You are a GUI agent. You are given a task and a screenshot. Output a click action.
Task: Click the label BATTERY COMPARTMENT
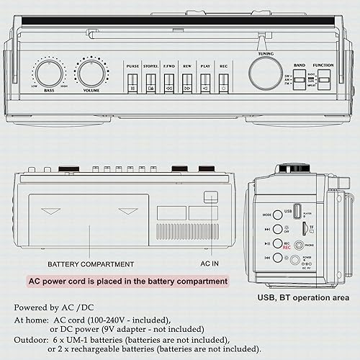coord(91,264)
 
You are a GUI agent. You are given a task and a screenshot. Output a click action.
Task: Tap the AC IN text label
coord(210,264)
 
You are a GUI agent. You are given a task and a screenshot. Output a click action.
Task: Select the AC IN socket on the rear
coord(210,197)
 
